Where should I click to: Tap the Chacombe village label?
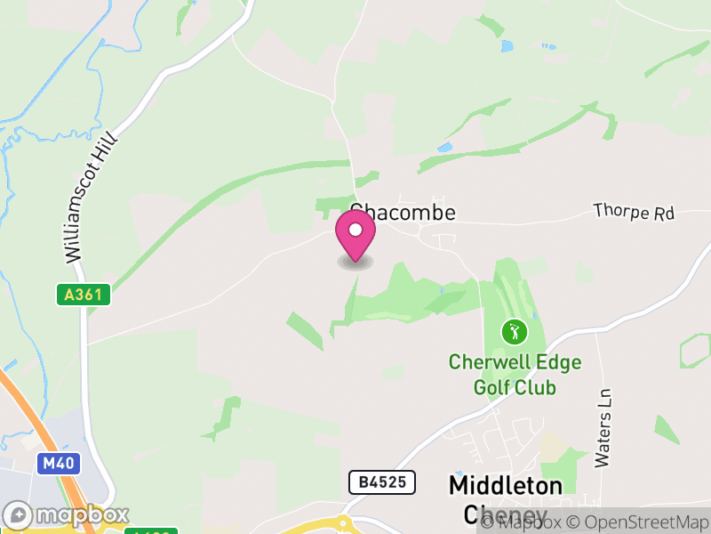403,213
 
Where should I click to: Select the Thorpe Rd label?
634,213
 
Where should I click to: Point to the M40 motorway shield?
54,463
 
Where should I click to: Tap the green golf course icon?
514,333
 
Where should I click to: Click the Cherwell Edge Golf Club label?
515,375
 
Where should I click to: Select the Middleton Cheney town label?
505,499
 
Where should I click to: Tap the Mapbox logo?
67,514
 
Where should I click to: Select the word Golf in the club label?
491,387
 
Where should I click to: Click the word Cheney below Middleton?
505,514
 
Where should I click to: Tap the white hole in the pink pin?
355,231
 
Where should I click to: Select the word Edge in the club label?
563,362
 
